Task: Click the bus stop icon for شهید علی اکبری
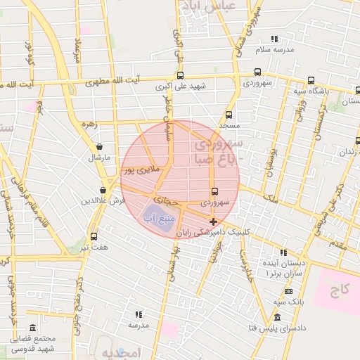(181, 75)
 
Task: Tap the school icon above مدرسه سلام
(274, 39)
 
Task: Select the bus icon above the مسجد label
(229, 114)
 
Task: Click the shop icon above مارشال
(98, 147)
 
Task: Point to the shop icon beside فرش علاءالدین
(103, 189)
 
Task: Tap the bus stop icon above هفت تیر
(94, 237)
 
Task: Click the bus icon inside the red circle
(214, 191)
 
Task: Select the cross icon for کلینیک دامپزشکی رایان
(214, 221)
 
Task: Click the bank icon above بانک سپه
(288, 291)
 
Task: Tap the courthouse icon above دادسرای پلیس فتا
(278, 317)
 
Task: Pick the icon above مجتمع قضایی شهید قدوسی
(33, 328)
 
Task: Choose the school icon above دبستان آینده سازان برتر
(283, 252)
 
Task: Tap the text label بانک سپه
(289, 302)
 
